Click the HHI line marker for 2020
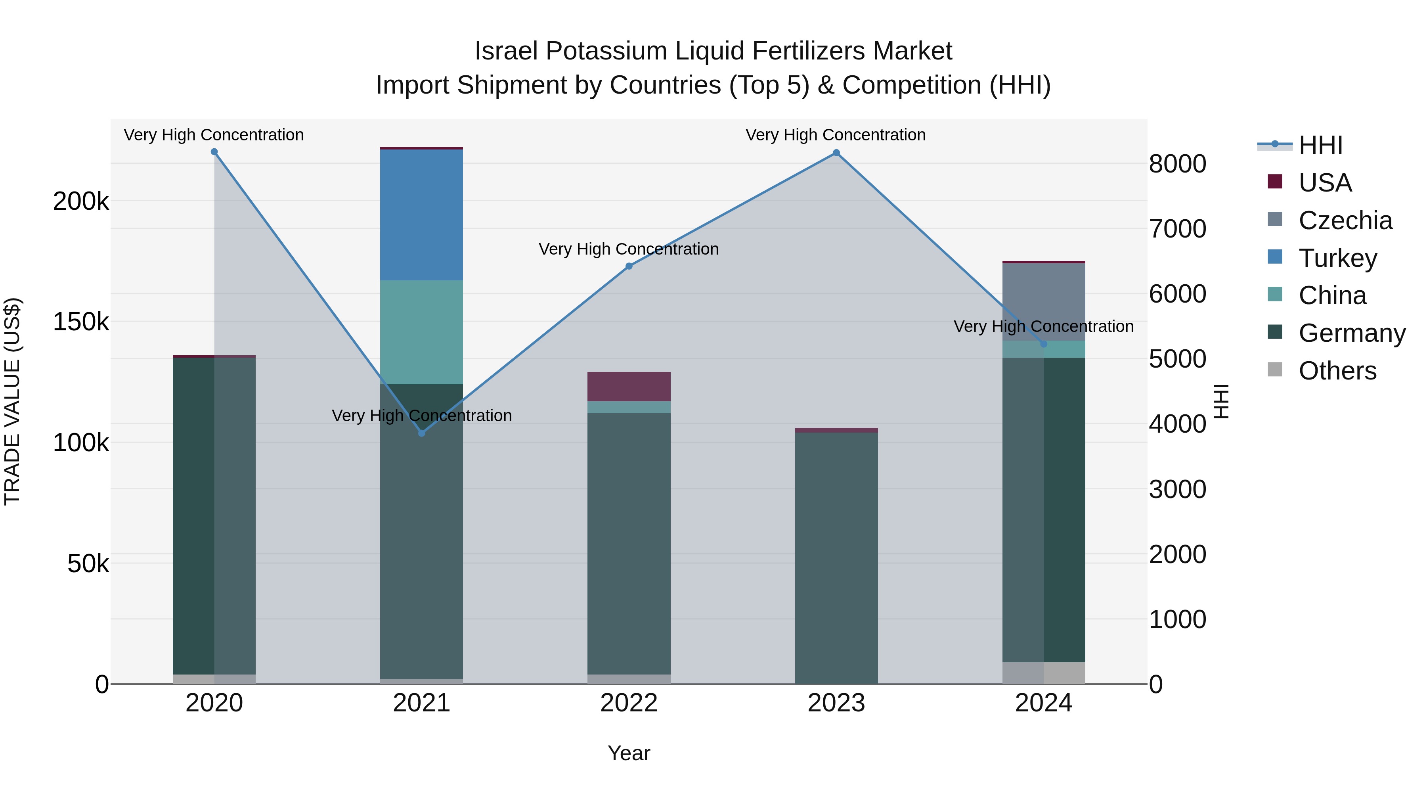214,152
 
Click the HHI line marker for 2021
422,433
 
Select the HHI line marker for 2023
836,153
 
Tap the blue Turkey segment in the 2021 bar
422,215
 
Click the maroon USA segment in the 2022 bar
629,386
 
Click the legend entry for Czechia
1345,220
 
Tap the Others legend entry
1337,371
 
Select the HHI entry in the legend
1320,145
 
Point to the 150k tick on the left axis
81,322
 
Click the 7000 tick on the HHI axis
1177,229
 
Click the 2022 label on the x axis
629,703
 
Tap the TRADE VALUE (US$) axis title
12,401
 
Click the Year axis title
629,753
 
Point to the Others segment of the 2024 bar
1044,673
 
